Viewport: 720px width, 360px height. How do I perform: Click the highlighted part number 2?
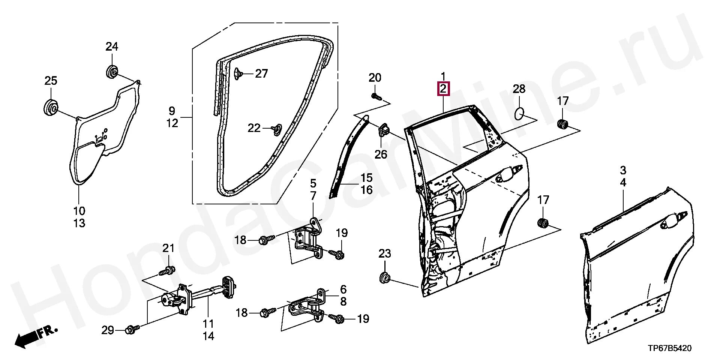(443, 89)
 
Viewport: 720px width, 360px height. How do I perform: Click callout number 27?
(261, 73)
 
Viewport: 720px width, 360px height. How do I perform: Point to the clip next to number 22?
(277, 128)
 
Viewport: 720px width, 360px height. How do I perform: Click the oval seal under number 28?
(519, 112)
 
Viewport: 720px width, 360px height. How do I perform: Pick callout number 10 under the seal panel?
(79, 211)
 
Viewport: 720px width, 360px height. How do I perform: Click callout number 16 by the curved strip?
(366, 190)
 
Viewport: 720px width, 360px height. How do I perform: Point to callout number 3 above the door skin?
(623, 170)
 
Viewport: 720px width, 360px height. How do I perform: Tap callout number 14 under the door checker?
(208, 336)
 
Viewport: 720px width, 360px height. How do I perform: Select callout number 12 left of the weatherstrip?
(172, 123)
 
